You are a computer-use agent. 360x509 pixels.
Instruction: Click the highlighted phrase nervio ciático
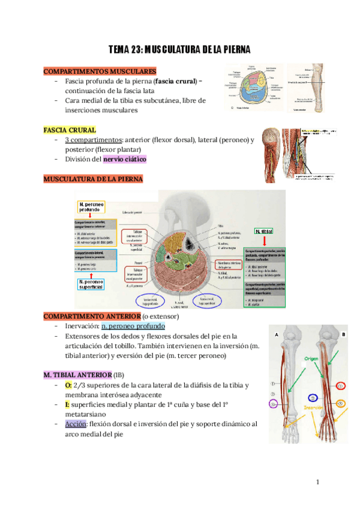[125, 159]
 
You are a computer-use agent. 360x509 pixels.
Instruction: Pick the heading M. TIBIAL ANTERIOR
[76, 374]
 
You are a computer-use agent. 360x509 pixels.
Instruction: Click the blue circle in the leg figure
[312, 397]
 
